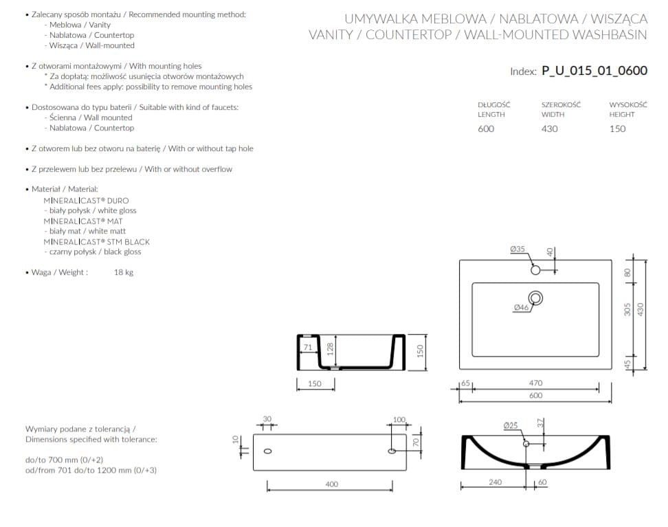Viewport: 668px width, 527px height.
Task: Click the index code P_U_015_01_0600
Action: pos(594,70)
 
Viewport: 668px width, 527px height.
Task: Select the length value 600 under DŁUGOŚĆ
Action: pos(486,128)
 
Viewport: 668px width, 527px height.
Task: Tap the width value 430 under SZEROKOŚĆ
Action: pos(549,128)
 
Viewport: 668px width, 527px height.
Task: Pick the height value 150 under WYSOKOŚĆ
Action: pos(617,128)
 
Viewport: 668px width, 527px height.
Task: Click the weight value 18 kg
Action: pos(124,273)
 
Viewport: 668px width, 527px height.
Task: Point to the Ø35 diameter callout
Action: pos(517,249)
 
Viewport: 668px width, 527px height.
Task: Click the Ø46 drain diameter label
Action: pos(521,308)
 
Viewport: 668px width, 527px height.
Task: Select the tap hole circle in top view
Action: pos(536,270)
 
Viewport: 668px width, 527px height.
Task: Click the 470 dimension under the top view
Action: pos(535,383)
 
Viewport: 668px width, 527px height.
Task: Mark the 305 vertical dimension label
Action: pos(627,310)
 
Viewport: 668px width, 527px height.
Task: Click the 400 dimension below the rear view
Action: pos(331,484)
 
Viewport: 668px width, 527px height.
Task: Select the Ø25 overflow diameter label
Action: pos(510,425)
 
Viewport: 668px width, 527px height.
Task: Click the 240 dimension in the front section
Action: pos(495,482)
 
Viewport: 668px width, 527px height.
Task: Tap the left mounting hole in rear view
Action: pos(267,451)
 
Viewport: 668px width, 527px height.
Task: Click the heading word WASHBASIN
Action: pos(610,35)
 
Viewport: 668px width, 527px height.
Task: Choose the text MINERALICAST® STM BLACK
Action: pos(96,242)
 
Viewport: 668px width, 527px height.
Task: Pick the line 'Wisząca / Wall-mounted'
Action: pos(91,45)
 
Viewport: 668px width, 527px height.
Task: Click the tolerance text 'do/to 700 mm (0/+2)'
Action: pos(64,459)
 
